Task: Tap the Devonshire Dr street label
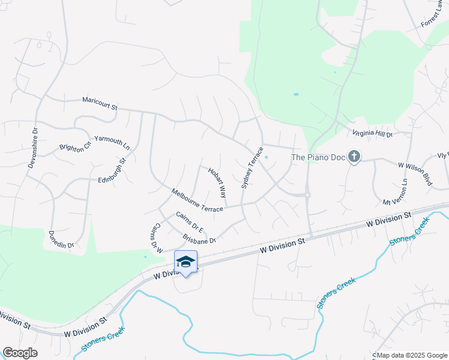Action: pos(32,148)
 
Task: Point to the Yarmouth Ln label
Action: pos(112,142)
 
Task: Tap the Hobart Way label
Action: pos(217,183)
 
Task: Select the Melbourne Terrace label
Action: pos(197,200)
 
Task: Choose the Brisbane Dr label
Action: pos(199,236)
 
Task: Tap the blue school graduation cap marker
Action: pos(185,262)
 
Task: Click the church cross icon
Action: pos(354,157)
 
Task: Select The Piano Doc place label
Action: pos(318,158)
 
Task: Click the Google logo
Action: pos(20,353)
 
